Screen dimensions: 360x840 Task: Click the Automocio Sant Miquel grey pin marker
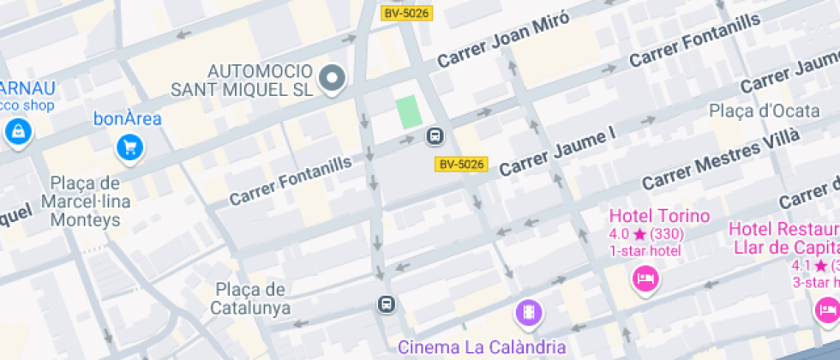pyautogui.click(x=331, y=79)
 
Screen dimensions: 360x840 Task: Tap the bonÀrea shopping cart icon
pyautogui.click(x=130, y=147)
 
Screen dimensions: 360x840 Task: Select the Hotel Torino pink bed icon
pyautogui.click(x=645, y=278)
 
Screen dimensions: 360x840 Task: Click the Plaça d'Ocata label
pyautogui.click(x=753, y=111)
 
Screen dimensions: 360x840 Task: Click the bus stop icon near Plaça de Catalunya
pyautogui.click(x=387, y=304)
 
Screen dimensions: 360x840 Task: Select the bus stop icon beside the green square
pyautogui.click(x=435, y=136)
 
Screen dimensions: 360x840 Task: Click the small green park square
pyautogui.click(x=409, y=113)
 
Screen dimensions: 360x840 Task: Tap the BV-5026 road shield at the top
pyautogui.click(x=406, y=13)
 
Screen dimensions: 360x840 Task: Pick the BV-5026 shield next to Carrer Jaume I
pyautogui.click(x=461, y=164)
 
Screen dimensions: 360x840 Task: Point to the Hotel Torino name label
pyautogui.click(x=659, y=216)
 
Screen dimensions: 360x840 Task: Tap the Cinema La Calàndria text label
pyautogui.click(x=483, y=347)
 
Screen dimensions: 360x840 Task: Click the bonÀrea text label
pyautogui.click(x=127, y=119)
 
